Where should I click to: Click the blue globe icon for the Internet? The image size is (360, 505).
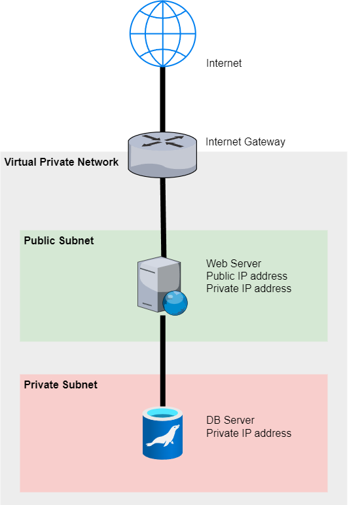(x=163, y=33)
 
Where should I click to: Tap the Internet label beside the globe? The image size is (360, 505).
(x=224, y=63)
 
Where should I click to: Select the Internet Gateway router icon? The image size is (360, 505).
(x=162, y=155)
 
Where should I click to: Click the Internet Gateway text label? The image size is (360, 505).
(x=245, y=141)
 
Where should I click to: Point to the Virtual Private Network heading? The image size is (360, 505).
(x=62, y=162)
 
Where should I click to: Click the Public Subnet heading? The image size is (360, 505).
(x=59, y=240)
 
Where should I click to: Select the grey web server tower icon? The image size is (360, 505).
(x=159, y=284)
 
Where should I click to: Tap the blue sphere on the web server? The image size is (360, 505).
(x=175, y=303)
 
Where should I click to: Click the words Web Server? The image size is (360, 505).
(x=234, y=263)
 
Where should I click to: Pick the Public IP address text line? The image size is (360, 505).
(x=247, y=276)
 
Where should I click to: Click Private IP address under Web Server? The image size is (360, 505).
(x=249, y=288)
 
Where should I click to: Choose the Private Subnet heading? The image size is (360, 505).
(x=60, y=384)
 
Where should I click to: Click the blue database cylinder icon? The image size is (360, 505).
(x=163, y=433)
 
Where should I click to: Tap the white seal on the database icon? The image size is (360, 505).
(x=163, y=436)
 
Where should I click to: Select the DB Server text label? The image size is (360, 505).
(x=230, y=421)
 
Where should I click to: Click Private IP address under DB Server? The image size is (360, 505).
(x=249, y=433)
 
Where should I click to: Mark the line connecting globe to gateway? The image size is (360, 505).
(x=163, y=99)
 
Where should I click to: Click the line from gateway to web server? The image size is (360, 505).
(x=164, y=217)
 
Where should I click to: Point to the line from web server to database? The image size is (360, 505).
(x=163, y=361)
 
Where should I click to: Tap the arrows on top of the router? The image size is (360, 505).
(x=162, y=141)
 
